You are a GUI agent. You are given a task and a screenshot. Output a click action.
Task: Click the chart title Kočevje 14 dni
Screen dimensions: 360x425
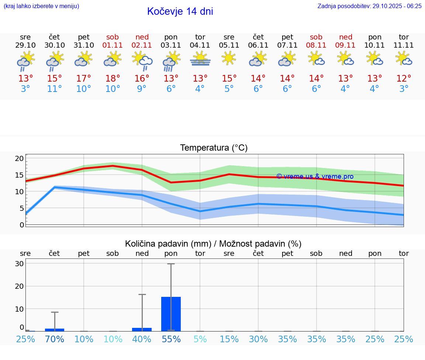point(180,11)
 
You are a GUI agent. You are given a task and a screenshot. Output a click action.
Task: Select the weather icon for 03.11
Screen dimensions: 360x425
point(171,61)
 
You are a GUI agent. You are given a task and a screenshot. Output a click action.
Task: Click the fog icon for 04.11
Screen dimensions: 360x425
point(200,59)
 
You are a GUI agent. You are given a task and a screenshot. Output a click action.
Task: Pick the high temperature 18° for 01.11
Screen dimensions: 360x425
point(113,79)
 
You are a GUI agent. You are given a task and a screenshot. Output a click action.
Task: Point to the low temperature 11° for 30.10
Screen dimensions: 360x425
point(55,89)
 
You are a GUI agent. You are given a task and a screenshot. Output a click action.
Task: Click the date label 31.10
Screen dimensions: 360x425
point(84,45)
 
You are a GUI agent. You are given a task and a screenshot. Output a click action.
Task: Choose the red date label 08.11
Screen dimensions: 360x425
point(316,45)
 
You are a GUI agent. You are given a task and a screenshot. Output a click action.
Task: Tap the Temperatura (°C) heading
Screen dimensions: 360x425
point(214,148)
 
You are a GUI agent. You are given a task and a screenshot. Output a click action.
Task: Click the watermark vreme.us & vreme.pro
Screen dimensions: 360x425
point(315,176)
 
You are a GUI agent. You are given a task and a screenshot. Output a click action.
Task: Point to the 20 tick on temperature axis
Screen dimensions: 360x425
point(19,159)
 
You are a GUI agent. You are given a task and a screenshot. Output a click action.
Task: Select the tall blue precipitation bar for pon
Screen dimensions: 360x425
point(171,314)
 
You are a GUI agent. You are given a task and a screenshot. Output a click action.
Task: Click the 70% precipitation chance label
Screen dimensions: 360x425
point(55,339)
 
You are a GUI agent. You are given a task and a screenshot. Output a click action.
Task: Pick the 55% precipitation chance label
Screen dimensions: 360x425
point(171,339)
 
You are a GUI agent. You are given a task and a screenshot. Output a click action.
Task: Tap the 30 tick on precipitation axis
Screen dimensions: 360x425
point(19,264)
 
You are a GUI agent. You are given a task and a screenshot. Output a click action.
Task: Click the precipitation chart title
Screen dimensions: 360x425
point(213,244)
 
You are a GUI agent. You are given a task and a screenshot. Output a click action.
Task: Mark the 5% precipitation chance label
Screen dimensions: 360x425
point(200,339)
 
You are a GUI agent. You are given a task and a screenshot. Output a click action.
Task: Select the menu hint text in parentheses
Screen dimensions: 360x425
point(41,6)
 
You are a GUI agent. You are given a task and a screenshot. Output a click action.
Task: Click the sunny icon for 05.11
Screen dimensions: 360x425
point(229,58)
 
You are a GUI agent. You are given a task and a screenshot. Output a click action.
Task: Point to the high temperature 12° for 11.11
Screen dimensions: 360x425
point(404,79)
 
